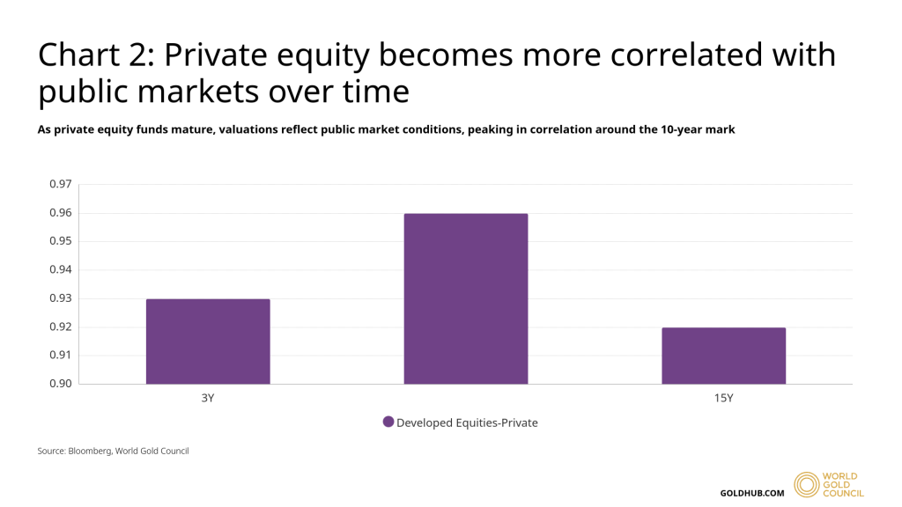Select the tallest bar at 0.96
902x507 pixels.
click(x=466, y=299)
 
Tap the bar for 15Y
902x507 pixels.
click(x=723, y=356)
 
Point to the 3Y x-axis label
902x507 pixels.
click(x=208, y=398)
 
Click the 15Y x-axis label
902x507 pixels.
click(x=723, y=398)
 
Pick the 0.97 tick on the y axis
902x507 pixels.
click(x=60, y=184)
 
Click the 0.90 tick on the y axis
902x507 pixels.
click(x=60, y=384)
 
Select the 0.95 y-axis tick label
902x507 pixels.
click(x=60, y=241)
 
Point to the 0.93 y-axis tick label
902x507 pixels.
click(x=60, y=298)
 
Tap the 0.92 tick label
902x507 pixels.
click(x=60, y=327)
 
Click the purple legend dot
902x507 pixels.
click(x=388, y=422)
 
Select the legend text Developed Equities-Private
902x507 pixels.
click(x=467, y=422)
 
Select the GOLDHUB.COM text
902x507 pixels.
click(x=751, y=493)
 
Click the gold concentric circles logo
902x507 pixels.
click(x=807, y=485)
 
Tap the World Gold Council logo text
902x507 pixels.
click(x=843, y=485)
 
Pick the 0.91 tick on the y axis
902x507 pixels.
click(x=60, y=356)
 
